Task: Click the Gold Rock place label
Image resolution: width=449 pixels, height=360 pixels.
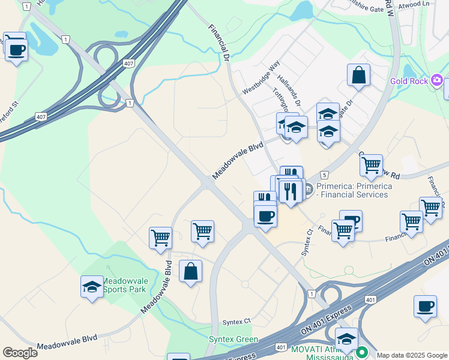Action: coord(409,81)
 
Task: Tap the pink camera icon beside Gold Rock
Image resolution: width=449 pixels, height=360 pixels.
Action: coord(437,80)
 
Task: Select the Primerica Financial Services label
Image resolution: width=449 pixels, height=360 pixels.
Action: coord(354,190)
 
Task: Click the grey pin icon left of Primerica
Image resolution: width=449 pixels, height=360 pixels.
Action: coord(309,190)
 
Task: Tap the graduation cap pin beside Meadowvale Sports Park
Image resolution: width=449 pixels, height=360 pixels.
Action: coord(92,286)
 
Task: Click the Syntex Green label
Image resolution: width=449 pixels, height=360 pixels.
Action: coord(233,339)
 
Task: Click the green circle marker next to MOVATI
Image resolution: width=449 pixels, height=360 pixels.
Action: coord(361,353)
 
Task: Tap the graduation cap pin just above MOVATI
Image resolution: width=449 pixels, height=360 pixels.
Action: coord(346,338)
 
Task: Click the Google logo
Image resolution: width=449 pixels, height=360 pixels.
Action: coord(20,353)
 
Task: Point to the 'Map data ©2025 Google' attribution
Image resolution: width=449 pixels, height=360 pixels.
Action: coord(412,355)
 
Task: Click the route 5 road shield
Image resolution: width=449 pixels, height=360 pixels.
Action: coord(324,175)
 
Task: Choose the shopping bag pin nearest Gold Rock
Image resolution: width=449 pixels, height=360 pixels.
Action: coord(358,76)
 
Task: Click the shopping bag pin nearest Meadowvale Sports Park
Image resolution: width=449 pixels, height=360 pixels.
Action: coord(190,271)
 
